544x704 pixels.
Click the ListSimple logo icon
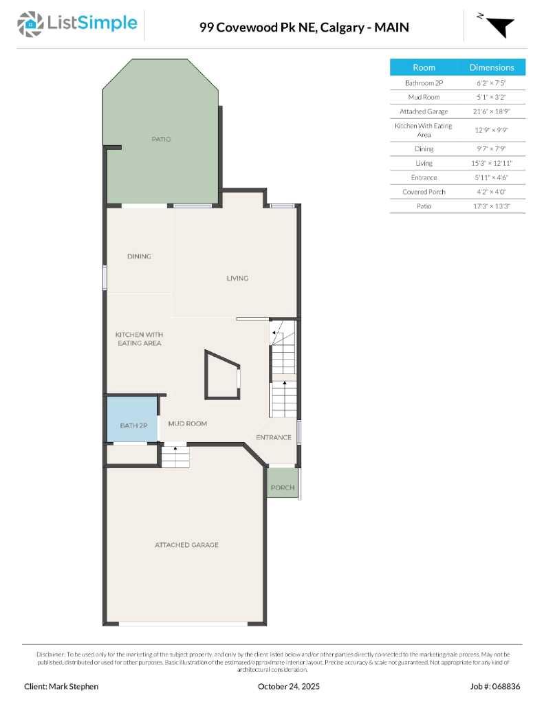click(x=30, y=24)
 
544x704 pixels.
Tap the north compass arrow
click(x=501, y=25)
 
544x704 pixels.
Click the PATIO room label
click(x=161, y=140)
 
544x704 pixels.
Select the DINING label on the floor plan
click(x=139, y=256)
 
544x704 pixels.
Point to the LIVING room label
click(x=237, y=278)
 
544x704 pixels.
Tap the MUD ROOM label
click(x=187, y=423)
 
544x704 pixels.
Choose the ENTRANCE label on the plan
click(x=274, y=437)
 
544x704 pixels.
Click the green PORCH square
click(x=282, y=485)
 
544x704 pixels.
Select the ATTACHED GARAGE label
click(x=186, y=545)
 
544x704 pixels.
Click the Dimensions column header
click(x=491, y=67)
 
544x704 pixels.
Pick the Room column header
click(x=424, y=67)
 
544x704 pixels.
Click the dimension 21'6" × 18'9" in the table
click(x=491, y=111)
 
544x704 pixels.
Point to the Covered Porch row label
click(x=424, y=192)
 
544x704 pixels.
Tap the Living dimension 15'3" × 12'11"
click(x=491, y=163)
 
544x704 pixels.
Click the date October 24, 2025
click(x=289, y=686)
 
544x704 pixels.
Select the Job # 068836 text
click(x=495, y=686)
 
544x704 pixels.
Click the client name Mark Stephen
click(x=62, y=686)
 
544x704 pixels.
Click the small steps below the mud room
click(x=175, y=456)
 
